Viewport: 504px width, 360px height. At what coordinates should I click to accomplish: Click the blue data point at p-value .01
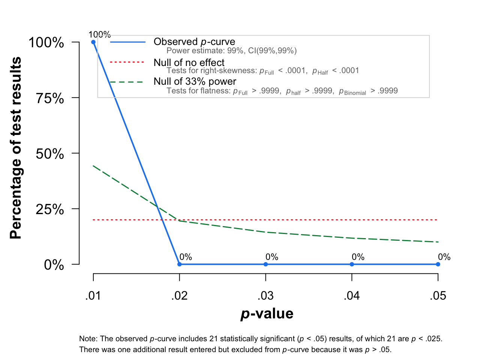(93, 42)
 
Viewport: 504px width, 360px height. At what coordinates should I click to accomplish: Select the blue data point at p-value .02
(180, 264)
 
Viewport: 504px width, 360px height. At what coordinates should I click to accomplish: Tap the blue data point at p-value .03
(265, 264)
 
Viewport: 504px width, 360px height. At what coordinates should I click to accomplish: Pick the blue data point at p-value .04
(352, 264)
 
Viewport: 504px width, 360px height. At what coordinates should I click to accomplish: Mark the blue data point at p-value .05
(438, 264)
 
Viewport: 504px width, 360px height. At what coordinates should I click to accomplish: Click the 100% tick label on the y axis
(46, 42)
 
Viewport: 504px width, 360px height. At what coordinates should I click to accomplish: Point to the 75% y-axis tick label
(50, 98)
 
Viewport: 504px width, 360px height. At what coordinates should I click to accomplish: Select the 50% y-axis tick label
(50, 154)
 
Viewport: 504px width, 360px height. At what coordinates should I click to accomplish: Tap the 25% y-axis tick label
(50, 209)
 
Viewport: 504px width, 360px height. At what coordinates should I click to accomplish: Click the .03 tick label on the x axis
(265, 296)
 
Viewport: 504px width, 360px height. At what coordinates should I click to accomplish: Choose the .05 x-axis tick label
(438, 296)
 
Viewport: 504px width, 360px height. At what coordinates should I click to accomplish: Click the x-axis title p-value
(267, 313)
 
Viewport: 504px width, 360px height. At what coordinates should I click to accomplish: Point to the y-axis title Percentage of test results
(16, 148)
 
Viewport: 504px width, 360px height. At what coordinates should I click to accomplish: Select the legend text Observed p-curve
(194, 42)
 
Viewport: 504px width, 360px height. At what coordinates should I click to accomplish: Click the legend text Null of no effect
(189, 62)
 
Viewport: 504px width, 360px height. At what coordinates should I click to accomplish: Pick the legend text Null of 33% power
(195, 81)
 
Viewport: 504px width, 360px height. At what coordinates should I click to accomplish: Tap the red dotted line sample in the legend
(127, 62)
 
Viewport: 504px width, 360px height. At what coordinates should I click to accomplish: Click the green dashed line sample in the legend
(126, 82)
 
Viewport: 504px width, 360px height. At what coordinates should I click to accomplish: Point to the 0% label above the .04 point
(358, 257)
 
